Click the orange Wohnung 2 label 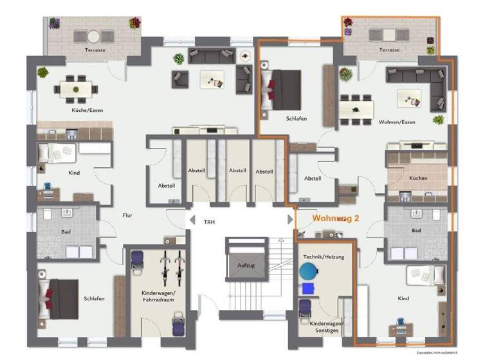click(x=335, y=219)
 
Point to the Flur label click(x=127, y=215)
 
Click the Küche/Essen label click(x=87, y=111)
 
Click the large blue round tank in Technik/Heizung click(x=313, y=271)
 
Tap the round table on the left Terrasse click(x=95, y=36)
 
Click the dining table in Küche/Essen click(x=74, y=89)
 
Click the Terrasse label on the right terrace click(x=389, y=50)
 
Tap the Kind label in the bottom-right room click(x=403, y=299)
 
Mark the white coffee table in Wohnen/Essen click(x=408, y=97)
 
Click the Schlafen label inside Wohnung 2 click(x=297, y=119)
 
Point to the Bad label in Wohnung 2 click(x=417, y=230)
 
